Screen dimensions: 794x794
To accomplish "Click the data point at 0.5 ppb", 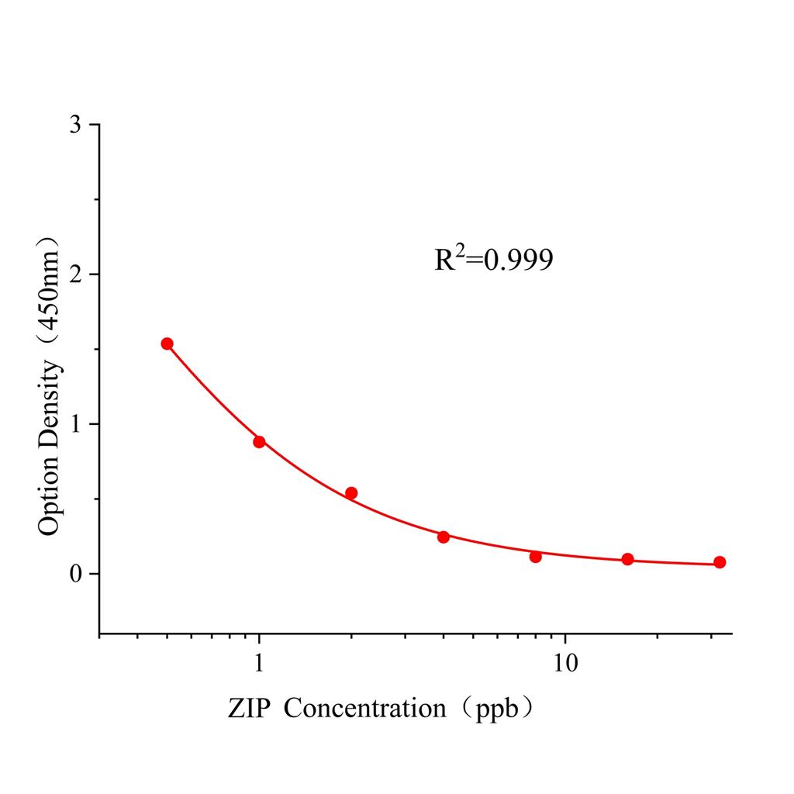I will [167, 343].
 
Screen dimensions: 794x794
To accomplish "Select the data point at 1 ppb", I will [259, 442].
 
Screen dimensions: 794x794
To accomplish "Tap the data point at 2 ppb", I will [351, 493].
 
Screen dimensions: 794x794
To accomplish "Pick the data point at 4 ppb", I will [444, 537].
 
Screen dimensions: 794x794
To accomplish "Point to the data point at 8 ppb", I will [536, 556].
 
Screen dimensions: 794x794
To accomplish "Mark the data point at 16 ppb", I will [628, 559].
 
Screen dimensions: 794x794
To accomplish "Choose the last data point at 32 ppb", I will [720, 562].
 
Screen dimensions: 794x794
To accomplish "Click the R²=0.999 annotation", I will [494, 260].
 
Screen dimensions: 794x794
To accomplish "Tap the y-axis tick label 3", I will [75, 125].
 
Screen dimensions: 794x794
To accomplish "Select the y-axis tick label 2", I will [75, 274].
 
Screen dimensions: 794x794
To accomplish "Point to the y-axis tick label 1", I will [75, 424].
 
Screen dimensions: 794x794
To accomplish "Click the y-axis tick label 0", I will [75, 574].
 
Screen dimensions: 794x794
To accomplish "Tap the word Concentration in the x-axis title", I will [364, 708].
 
